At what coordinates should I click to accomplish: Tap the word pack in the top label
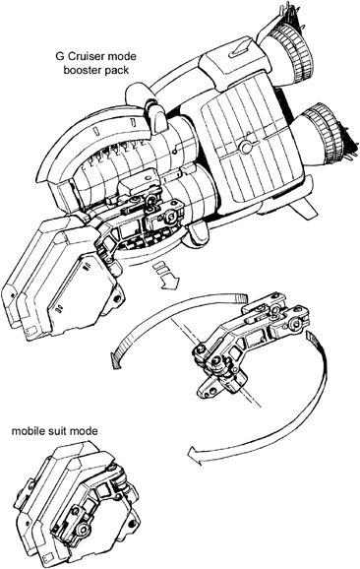(117, 71)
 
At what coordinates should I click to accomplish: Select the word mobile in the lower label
(27, 431)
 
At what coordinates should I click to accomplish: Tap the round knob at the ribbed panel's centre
(246, 147)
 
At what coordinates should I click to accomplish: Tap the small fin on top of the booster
(239, 49)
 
